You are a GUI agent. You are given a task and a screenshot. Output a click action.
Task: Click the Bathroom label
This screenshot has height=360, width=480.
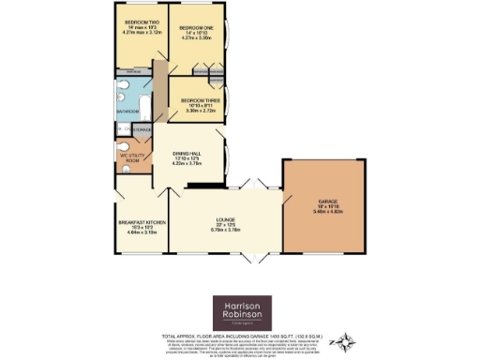pyautogui.click(x=128, y=111)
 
